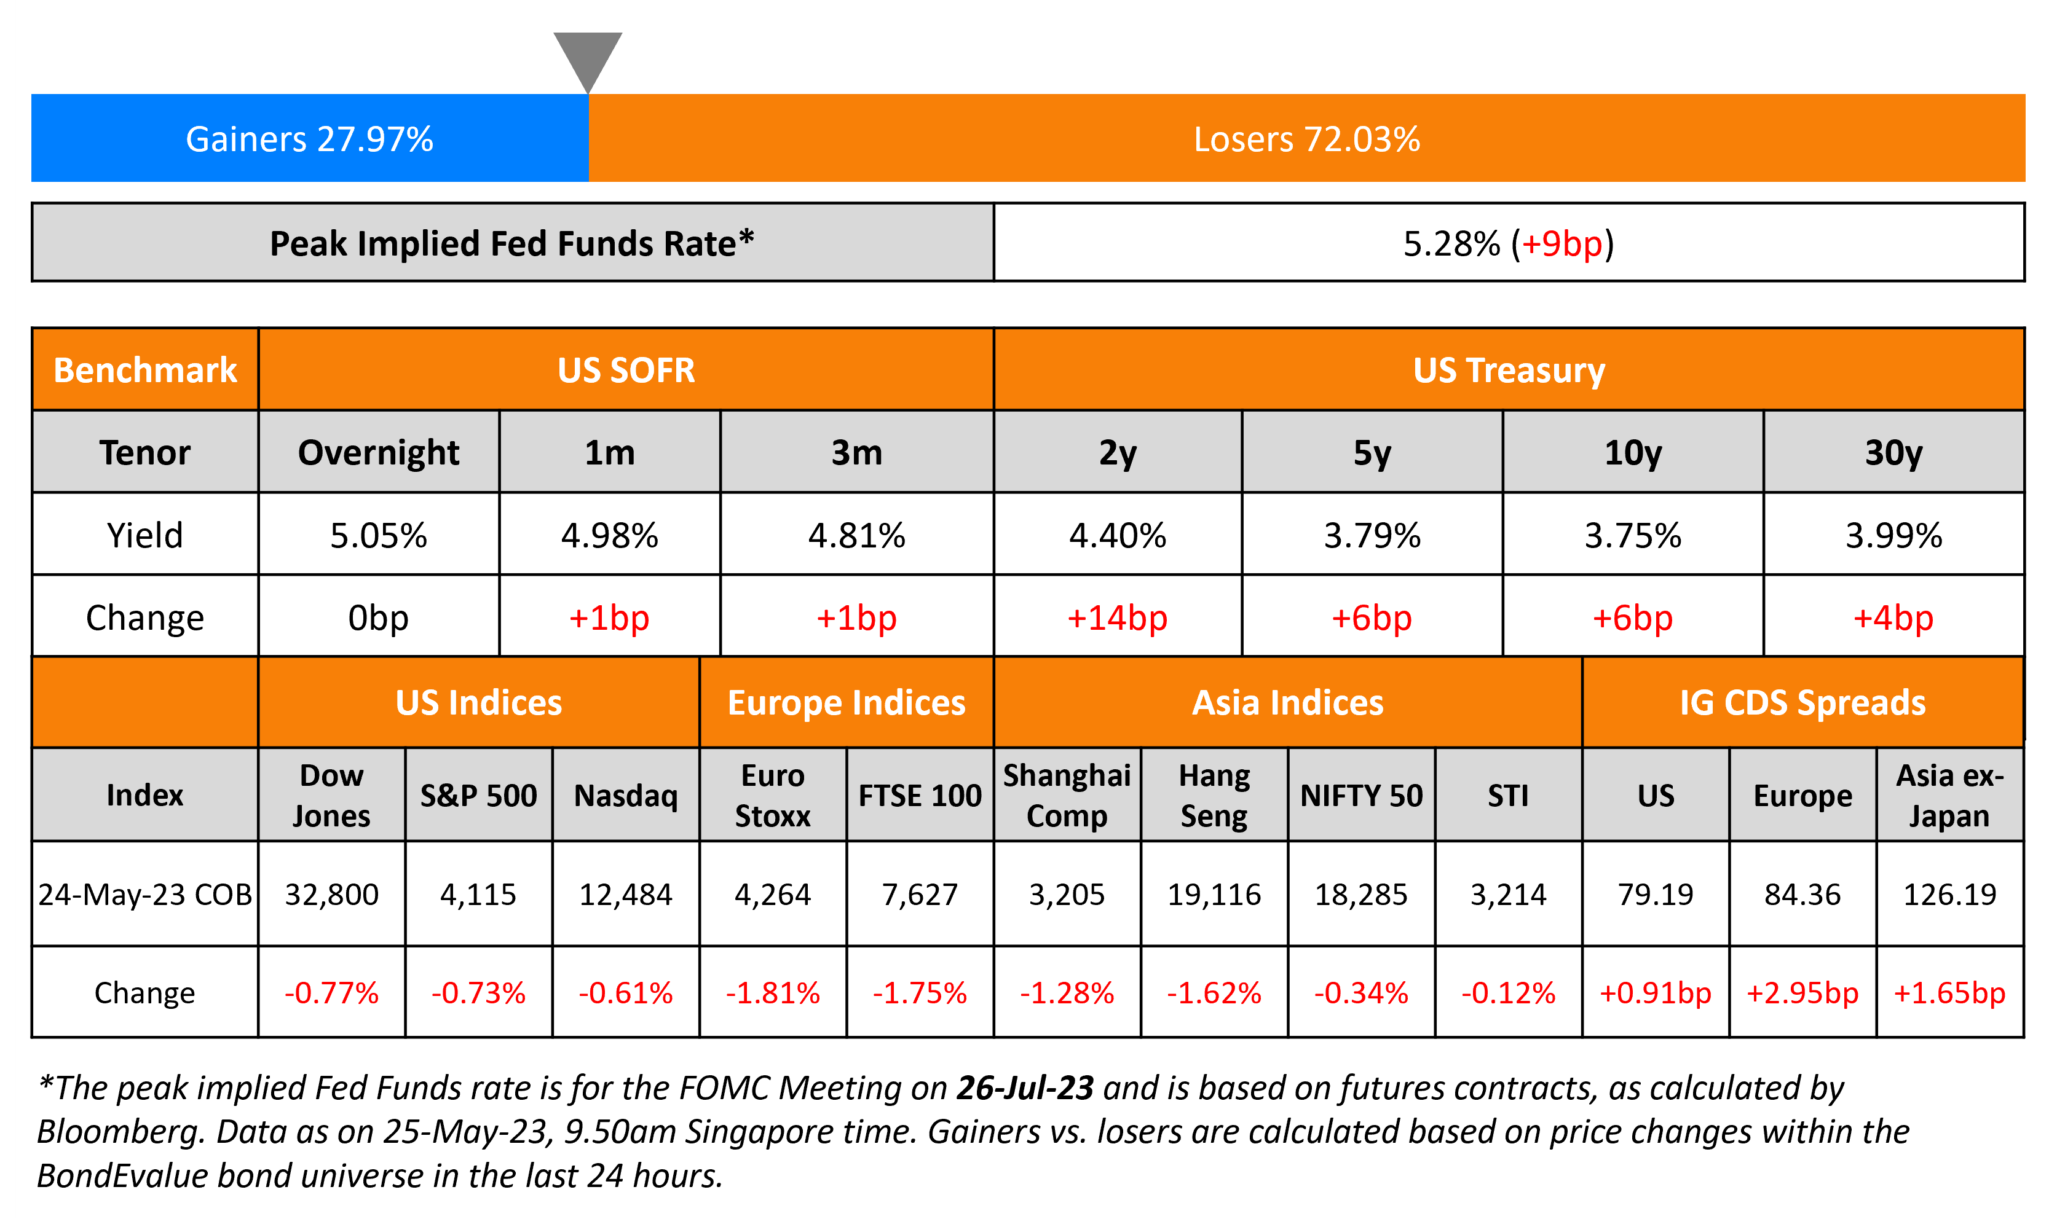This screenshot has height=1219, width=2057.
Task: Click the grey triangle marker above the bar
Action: coord(588,58)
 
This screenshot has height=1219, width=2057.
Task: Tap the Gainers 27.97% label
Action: coord(309,139)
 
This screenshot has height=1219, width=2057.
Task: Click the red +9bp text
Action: coord(1562,244)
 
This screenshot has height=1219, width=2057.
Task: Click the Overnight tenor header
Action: coord(378,453)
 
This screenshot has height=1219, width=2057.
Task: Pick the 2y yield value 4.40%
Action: coord(1117,536)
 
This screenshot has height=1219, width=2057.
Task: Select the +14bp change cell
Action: coord(1117,617)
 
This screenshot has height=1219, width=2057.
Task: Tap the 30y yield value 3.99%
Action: coord(1893,536)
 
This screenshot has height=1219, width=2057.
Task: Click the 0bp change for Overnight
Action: coord(378,617)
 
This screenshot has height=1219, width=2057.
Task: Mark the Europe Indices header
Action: coord(846,703)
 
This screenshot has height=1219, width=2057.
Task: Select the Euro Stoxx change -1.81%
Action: coord(773,993)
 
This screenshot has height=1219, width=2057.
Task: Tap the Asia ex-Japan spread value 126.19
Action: coord(1949,895)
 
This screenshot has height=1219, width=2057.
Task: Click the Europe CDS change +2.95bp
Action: coord(1802,993)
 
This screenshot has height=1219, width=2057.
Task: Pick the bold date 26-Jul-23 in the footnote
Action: coord(1025,1088)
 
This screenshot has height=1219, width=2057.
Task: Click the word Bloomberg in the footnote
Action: coord(119,1132)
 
